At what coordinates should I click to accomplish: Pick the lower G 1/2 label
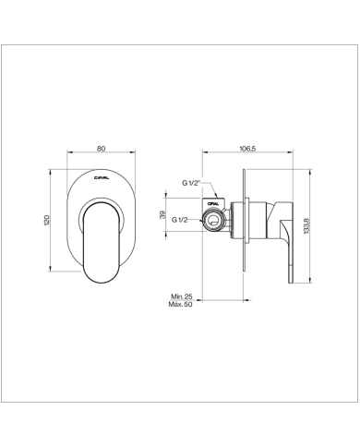[x=181, y=220]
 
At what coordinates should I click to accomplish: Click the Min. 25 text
[x=183, y=296]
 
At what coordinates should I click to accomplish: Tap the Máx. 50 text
[x=183, y=305]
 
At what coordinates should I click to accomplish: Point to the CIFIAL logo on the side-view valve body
[x=214, y=201]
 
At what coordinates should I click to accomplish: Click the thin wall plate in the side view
[x=244, y=222]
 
